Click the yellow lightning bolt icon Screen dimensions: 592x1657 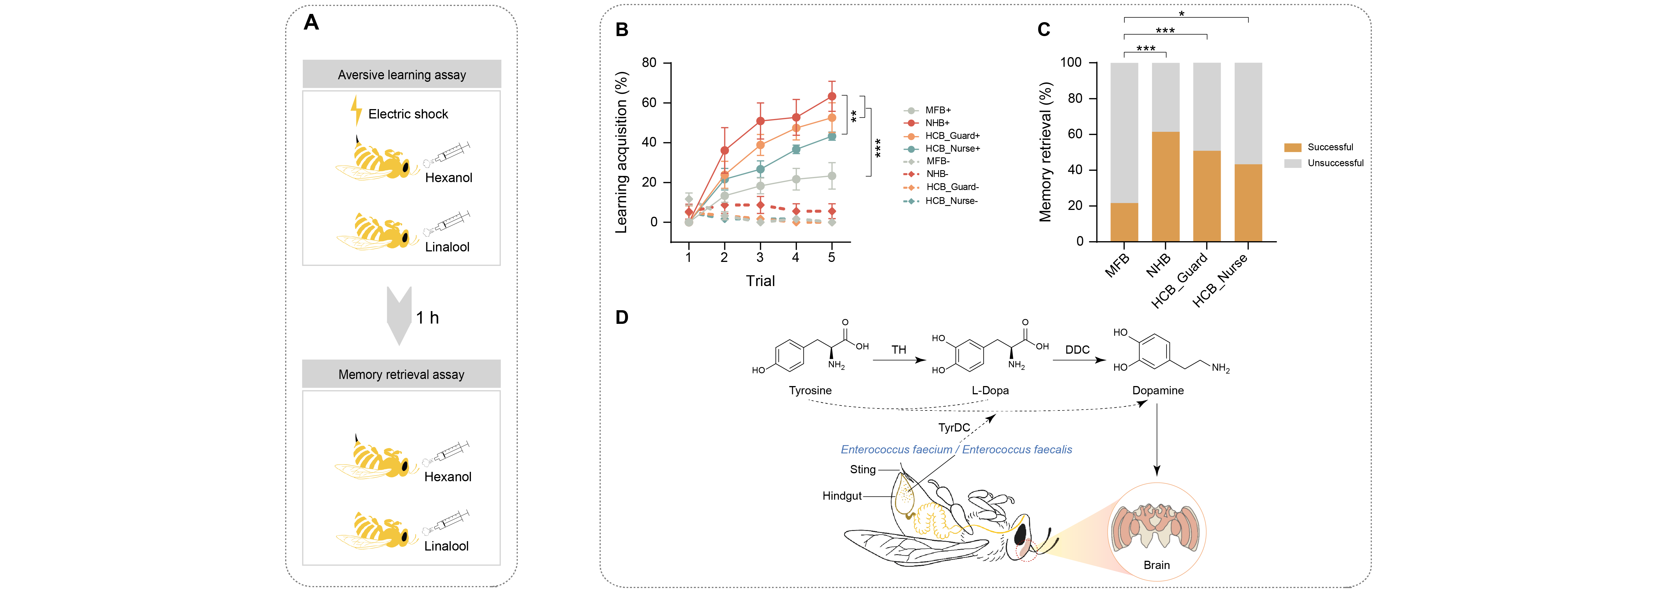coord(356,111)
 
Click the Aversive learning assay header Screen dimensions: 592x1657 coord(401,75)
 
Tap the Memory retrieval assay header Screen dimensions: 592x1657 coord(401,374)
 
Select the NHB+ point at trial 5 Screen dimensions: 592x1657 coord(832,97)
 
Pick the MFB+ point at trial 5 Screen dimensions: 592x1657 coord(832,176)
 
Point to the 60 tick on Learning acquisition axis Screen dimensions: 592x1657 coord(649,102)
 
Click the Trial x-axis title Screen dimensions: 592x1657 coord(760,281)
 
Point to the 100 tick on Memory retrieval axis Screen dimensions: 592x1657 coord(1071,62)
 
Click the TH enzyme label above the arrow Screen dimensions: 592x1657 coord(899,349)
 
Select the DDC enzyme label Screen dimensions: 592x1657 coord(1077,349)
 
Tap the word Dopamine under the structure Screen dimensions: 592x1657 coord(1158,391)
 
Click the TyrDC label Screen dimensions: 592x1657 coord(954,428)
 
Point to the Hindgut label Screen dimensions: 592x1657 coord(841,496)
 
